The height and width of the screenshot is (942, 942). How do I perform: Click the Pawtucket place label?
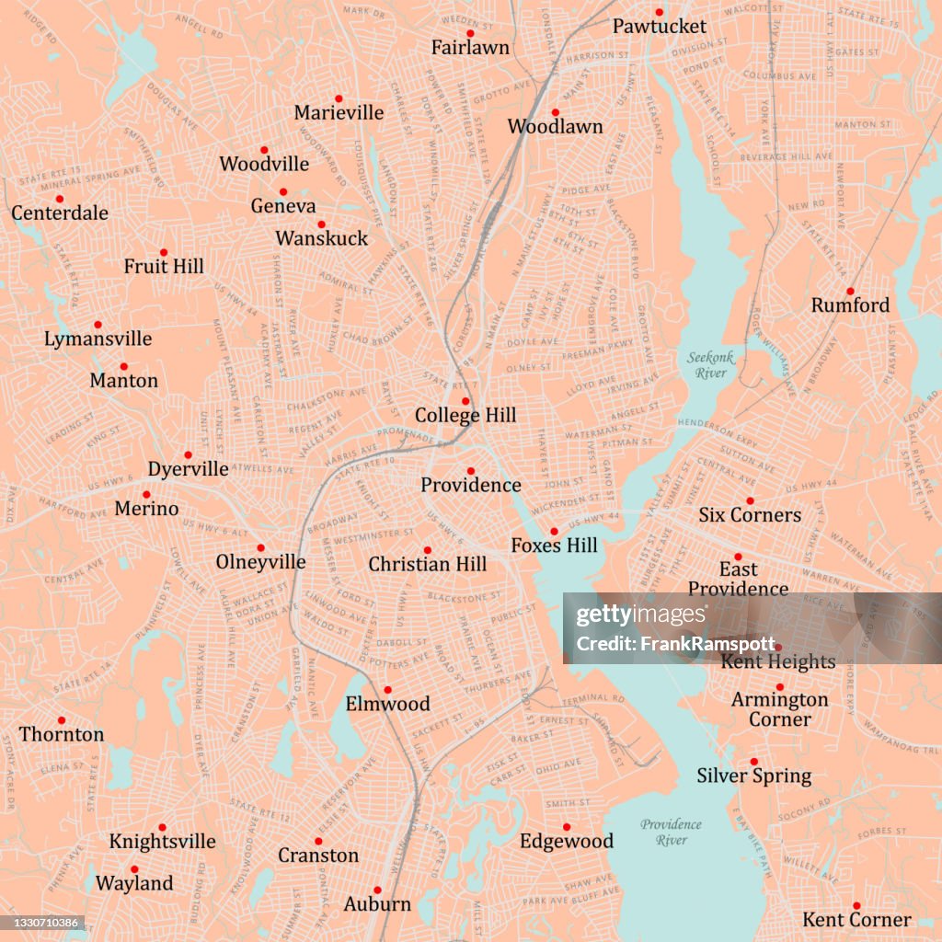click(x=660, y=27)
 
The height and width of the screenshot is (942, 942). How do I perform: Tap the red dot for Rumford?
click(x=850, y=291)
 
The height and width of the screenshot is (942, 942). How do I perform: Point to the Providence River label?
click(x=672, y=833)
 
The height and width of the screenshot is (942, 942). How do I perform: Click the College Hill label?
click(x=465, y=416)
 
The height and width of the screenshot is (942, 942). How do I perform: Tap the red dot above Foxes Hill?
click(x=554, y=531)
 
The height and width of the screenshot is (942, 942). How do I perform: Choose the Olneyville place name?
click(x=260, y=562)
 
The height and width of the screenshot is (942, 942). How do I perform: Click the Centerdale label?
click(x=60, y=213)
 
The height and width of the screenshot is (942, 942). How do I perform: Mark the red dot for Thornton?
click(x=62, y=720)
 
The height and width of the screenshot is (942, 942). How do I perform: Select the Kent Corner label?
click(x=856, y=920)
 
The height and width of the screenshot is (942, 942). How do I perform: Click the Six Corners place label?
click(x=750, y=515)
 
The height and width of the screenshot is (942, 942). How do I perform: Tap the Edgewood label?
click(x=567, y=842)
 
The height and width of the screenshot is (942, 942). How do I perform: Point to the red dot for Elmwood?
click(x=387, y=689)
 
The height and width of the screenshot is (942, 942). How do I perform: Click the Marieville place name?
click(x=339, y=113)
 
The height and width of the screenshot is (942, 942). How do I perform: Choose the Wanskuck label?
click(x=321, y=239)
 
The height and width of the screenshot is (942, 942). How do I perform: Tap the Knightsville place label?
click(x=162, y=842)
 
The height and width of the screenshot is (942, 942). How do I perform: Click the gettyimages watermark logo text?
click(x=629, y=615)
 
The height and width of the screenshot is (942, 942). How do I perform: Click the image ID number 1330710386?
click(x=43, y=923)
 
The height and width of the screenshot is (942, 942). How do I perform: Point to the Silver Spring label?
click(x=753, y=776)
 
